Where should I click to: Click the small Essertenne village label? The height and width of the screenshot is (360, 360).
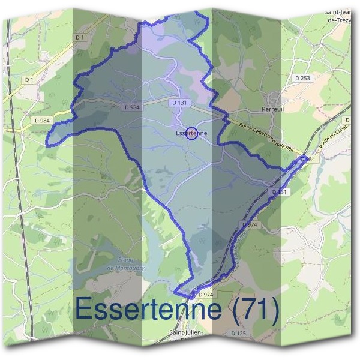tap(191, 133)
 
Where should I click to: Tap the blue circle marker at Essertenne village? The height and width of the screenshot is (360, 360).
tap(191, 133)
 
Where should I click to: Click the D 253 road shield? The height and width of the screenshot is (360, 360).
tap(303, 78)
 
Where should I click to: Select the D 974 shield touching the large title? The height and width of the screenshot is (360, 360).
tap(204, 295)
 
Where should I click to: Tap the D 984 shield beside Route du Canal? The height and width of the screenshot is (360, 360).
tap(308, 158)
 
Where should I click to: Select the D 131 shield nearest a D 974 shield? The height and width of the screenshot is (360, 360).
tap(280, 192)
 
